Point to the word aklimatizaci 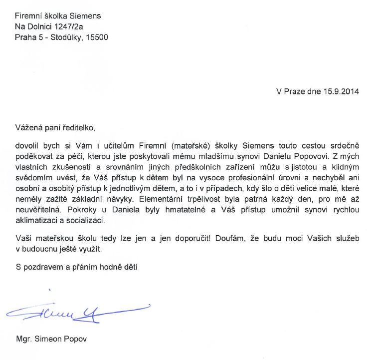tap(36, 220)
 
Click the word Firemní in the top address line tap(28, 16)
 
